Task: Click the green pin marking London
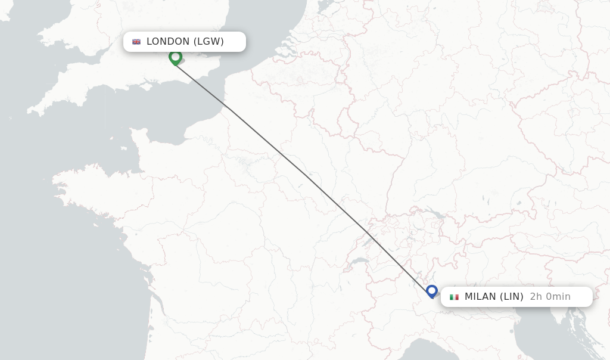[175, 57]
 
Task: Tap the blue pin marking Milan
[432, 291]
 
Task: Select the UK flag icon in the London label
[136, 42]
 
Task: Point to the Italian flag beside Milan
[454, 297]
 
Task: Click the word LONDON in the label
[167, 42]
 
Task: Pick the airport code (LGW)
[208, 42]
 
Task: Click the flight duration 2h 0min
[550, 297]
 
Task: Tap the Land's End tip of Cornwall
[30, 111]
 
